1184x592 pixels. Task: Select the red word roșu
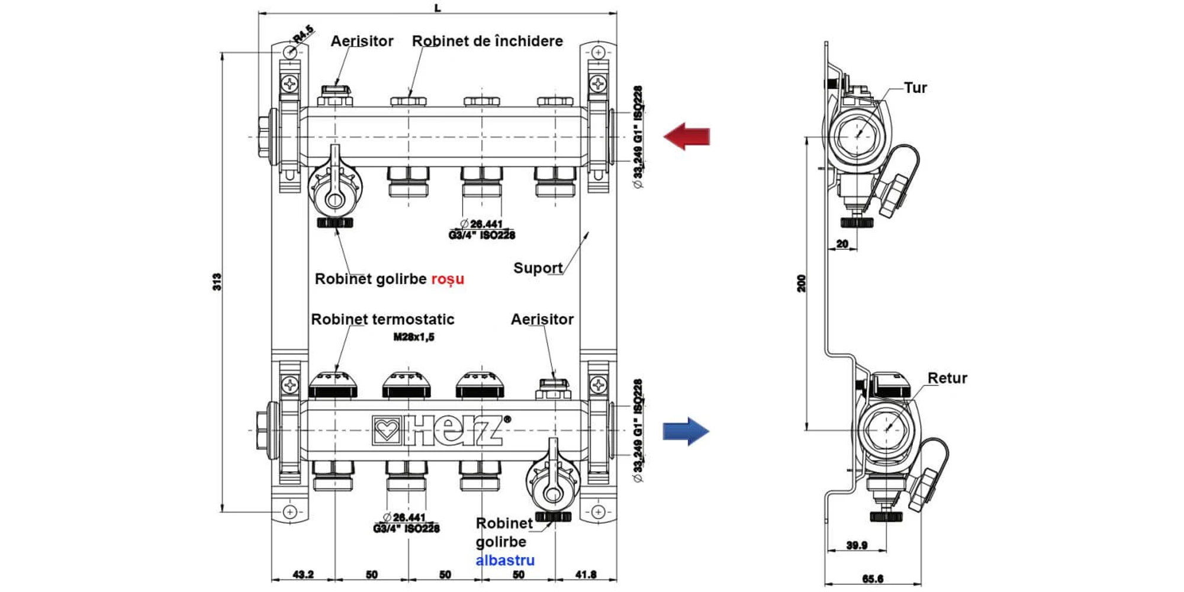pos(448,279)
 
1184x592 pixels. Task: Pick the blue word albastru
pos(505,560)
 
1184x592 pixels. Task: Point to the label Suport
pos(538,268)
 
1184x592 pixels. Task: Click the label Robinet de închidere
pos(487,41)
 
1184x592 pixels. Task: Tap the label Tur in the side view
pos(915,88)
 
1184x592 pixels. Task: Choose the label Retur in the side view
pos(947,378)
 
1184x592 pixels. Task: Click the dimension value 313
pos(217,282)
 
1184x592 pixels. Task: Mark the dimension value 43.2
pos(303,574)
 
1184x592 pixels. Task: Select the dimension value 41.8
pos(585,574)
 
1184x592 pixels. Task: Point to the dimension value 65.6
pos(873,579)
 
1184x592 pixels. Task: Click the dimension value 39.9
pos(857,545)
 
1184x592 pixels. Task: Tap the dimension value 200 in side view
pos(802,284)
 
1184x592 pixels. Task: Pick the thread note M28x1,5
pos(414,337)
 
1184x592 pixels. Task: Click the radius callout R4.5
pos(303,34)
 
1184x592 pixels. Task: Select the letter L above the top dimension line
pos(437,8)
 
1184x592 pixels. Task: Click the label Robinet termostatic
pos(382,320)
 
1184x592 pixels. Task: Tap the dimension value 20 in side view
pos(842,244)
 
